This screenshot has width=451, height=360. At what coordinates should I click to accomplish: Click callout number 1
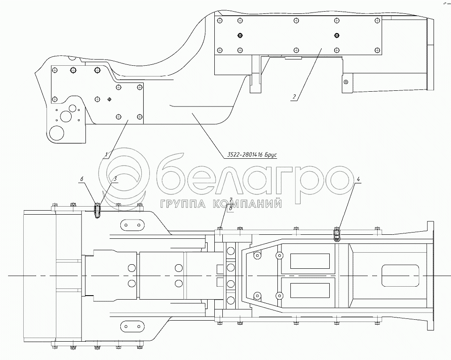106,155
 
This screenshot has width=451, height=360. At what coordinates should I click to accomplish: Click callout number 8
230,208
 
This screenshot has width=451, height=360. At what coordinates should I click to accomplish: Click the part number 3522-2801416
242,155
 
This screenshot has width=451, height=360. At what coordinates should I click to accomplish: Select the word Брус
271,155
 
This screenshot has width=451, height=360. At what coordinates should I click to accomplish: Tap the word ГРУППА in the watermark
177,204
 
